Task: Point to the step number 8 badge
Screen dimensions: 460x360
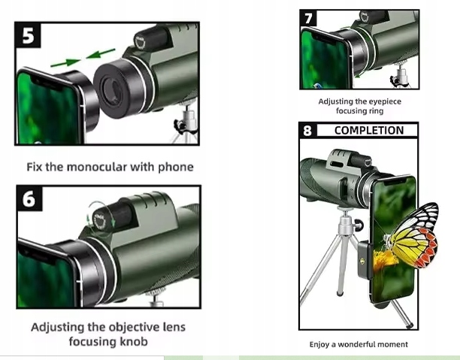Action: (307, 131)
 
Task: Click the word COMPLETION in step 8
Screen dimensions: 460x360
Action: (368, 130)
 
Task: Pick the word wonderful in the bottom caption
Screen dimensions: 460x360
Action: (362, 344)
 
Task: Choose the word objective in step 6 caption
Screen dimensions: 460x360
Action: (131, 327)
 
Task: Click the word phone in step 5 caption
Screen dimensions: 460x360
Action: (177, 167)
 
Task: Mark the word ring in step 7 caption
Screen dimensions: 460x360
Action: (375, 110)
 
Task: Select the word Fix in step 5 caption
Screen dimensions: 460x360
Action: (35, 167)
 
